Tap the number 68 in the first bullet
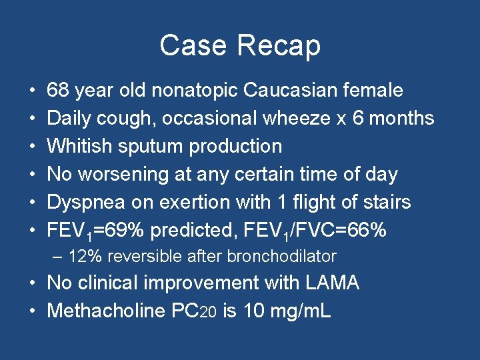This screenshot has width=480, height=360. [59, 90]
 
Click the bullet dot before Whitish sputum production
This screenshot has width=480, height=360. [33, 146]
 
